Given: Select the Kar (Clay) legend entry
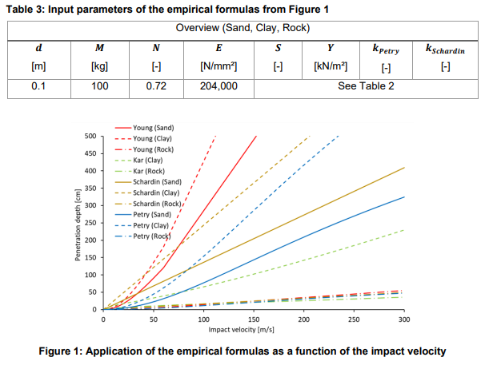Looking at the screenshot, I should tap(149, 161).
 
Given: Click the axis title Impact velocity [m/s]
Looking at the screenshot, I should tap(242, 328).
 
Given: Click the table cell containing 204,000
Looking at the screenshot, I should tap(218, 85).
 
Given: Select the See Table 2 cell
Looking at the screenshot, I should tap(367, 85).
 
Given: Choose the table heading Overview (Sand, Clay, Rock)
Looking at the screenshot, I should tap(242, 28).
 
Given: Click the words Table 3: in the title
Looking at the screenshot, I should tap(29, 9).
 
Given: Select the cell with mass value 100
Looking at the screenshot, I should tap(100, 85).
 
